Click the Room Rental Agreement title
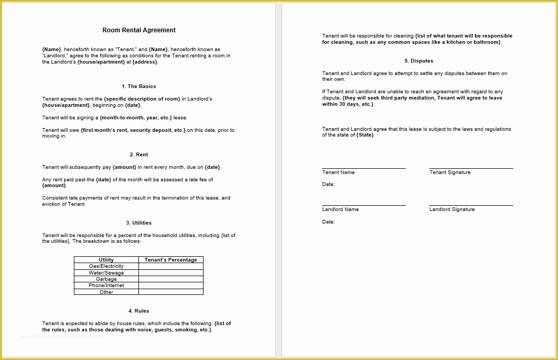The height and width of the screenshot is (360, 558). click(138, 30)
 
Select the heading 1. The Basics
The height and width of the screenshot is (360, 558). click(138, 86)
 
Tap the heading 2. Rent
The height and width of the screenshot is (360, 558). click(138, 155)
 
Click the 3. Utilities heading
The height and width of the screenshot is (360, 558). click(138, 223)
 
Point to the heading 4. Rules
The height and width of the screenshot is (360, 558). click(138, 311)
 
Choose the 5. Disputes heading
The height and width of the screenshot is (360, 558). click(418, 61)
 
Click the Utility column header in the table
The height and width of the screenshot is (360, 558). click(106, 259)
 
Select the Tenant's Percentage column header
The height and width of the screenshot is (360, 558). click(171, 259)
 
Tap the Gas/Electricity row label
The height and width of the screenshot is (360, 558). click(106, 266)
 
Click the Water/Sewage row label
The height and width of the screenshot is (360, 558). click(106, 272)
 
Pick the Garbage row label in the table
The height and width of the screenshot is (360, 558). click(106, 279)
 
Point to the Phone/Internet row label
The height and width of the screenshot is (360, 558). click(106, 285)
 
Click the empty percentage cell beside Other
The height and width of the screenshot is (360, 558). click(171, 292)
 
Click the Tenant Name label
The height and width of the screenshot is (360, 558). click(338, 172)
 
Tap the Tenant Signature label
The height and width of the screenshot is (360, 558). click(450, 172)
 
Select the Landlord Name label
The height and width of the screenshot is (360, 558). click(340, 209)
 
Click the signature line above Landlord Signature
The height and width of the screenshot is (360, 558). click(471, 205)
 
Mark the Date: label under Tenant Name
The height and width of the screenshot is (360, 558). click(328, 184)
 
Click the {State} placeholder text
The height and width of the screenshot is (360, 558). click(365, 135)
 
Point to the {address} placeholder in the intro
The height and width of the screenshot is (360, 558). click(145, 62)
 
